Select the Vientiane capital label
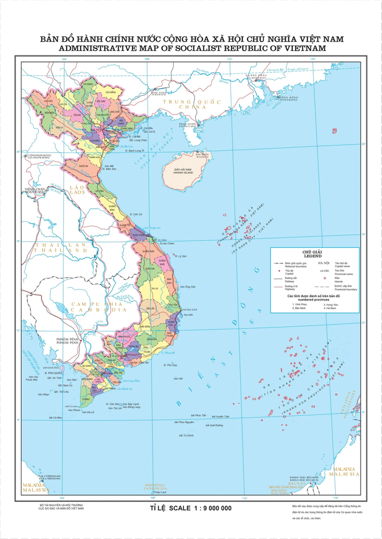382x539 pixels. [34, 191]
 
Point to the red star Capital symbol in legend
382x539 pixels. [278, 270]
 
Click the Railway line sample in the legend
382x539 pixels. [278, 278]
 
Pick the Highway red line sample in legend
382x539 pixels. [278, 286]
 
